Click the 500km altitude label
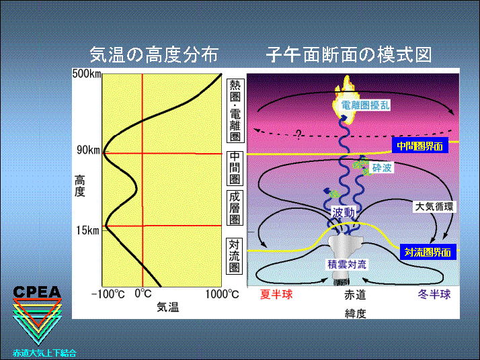click(x=87, y=74)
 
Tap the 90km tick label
click(x=89, y=150)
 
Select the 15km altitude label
click(x=88, y=230)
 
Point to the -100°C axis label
click(x=108, y=294)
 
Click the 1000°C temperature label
click(x=222, y=294)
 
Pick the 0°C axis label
click(x=143, y=294)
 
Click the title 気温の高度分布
click(x=154, y=55)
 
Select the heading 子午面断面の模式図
click(x=349, y=55)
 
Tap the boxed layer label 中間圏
click(x=235, y=168)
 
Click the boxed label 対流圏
click(x=235, y=256)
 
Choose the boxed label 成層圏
click(x=235, y=208)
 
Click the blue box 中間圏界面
click(x=419, y=146)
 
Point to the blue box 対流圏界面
click(x=428, y=253)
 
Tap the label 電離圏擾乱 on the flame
click(x=365, y=105)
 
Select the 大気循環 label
click(x=434, y=206)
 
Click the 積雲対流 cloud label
click(x=347, y=265)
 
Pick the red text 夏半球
click(x=276, y=294)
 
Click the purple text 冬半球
click(x=434, y=294)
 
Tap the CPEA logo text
click(x=37, y=292)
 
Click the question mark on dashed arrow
click(x=298, y=134)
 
